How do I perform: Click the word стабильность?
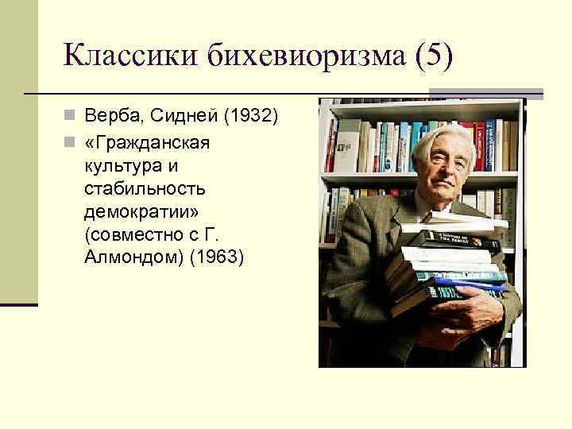[x=143, y=188]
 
